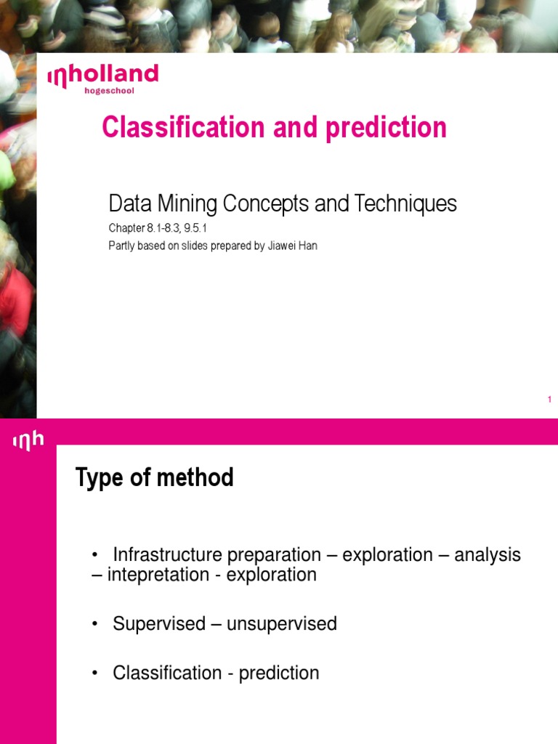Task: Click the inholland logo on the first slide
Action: coord(102,76)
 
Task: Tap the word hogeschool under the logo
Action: coord(110,91)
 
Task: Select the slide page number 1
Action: coord(549,400)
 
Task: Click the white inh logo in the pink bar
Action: coord(28,440)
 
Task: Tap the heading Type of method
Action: coord(155,478)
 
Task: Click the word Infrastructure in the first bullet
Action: coord(168,555)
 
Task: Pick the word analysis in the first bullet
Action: coord(488,555)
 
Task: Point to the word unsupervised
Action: coord(282,624)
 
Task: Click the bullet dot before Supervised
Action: coord(94,624)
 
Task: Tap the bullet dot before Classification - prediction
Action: coord(94,674)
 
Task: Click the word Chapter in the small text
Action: coord(126,229)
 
